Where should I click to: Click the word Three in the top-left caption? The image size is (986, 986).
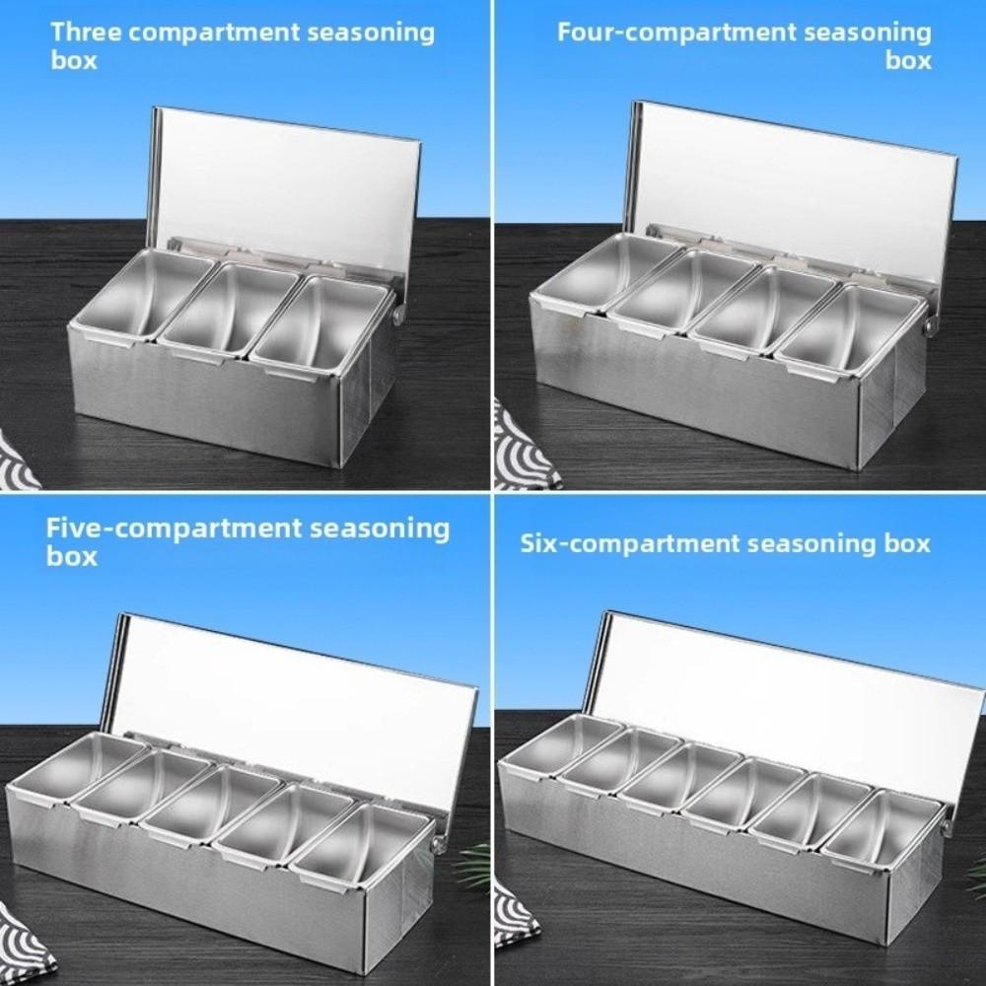point(86,32)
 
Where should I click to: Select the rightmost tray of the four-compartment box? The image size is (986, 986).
point(851,330)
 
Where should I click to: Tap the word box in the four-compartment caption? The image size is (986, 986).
point(908,60)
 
